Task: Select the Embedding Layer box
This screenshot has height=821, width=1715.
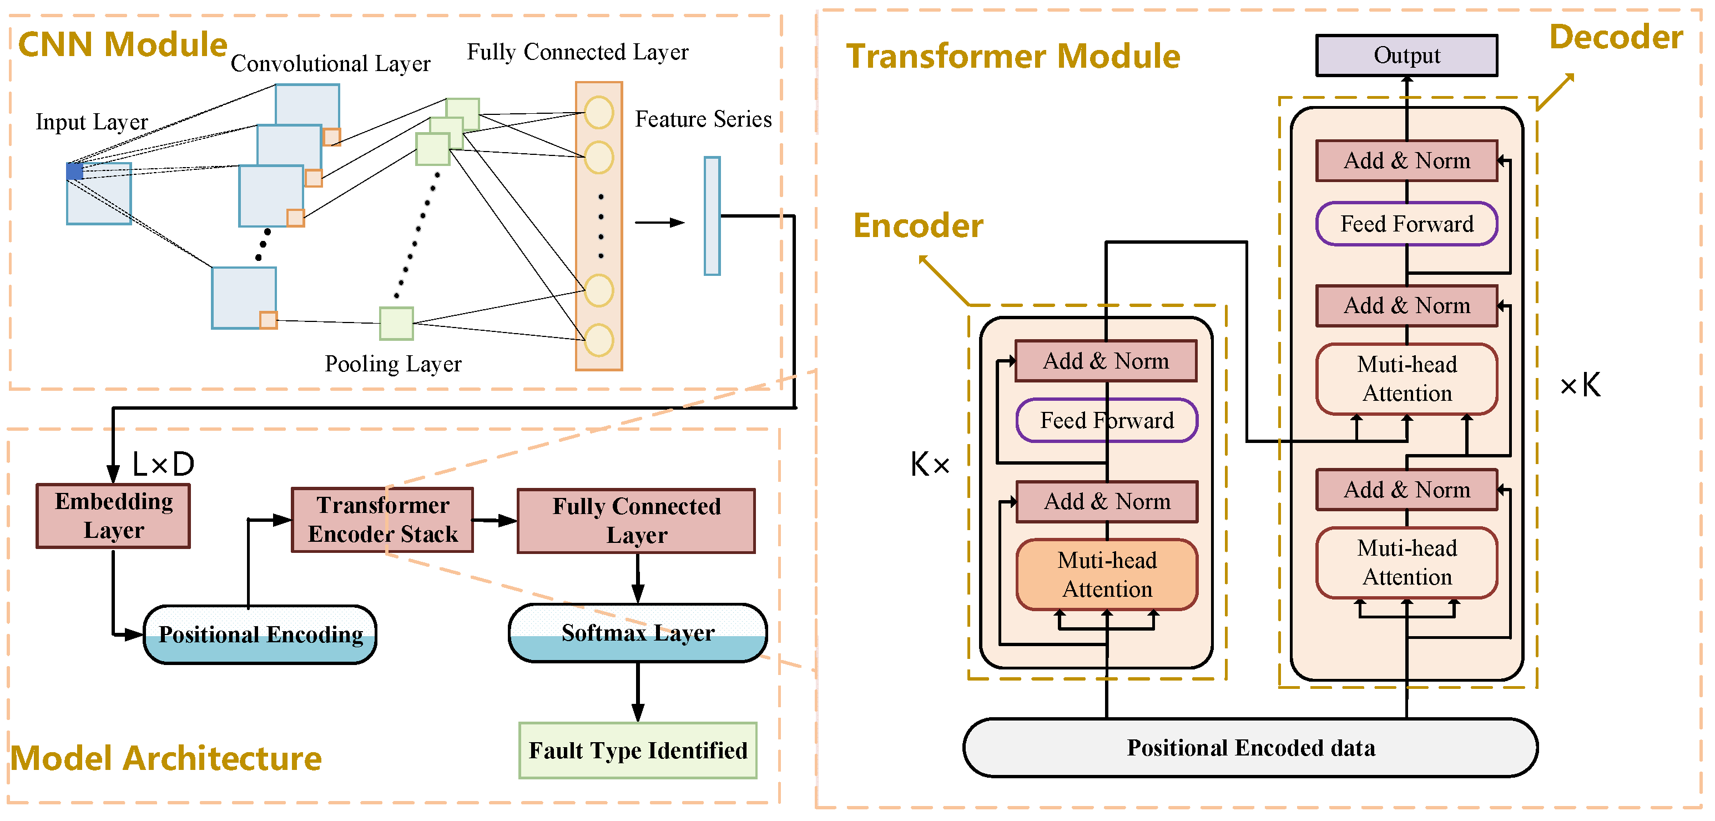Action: [113, 516]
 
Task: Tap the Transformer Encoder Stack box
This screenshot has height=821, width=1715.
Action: [382, 520]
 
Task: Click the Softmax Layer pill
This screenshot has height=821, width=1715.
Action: [637, 633]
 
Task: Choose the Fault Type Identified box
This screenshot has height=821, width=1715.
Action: [637, 751]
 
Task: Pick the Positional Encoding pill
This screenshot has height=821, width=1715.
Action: [260, 634]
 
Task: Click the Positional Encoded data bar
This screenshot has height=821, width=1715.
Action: [1250, 748]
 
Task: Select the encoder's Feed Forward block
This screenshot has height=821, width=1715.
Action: [1107, 420]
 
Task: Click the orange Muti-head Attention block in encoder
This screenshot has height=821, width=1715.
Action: [1107, 575]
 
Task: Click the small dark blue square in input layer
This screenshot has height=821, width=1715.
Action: [74, 171]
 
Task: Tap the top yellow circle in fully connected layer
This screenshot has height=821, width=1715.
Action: [598, 113]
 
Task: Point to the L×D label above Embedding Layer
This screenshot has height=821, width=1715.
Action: [163, 464]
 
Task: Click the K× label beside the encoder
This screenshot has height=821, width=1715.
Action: [930, 464]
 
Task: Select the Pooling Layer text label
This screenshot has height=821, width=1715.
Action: [393, 364]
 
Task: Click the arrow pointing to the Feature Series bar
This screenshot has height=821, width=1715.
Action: [659, 223]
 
